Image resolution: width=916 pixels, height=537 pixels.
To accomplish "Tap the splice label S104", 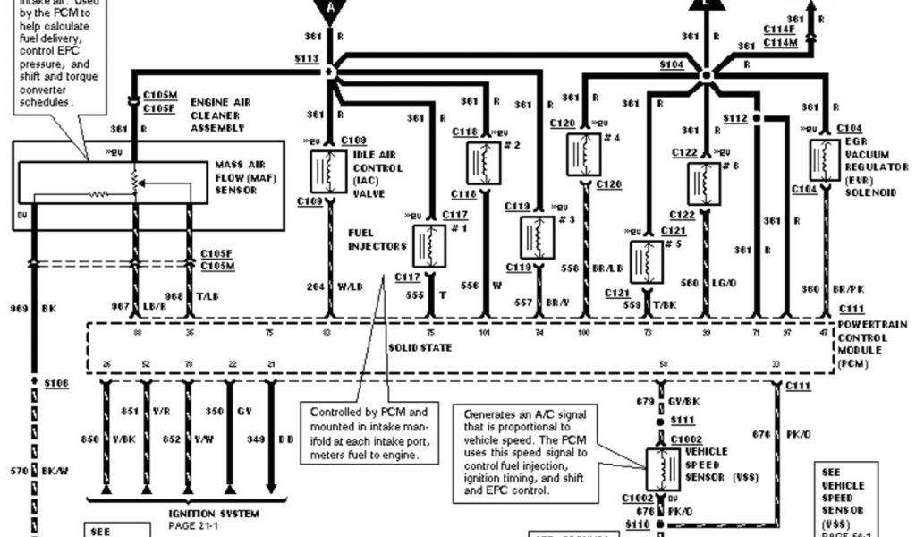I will click(x=672, y=65).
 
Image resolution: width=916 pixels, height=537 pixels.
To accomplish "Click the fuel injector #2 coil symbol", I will click(x=484, y=162).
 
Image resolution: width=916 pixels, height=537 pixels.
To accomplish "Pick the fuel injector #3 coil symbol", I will click(x=537, y=238).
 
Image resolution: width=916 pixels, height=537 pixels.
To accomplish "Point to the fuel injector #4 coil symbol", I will click(x=583, y=154).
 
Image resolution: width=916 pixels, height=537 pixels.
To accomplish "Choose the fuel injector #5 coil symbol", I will click(x=646, y=261).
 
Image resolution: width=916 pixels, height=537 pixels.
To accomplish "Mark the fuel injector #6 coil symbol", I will click(x=704, y=183).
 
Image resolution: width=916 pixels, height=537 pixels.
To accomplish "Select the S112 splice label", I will click(x=735, y=118).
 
